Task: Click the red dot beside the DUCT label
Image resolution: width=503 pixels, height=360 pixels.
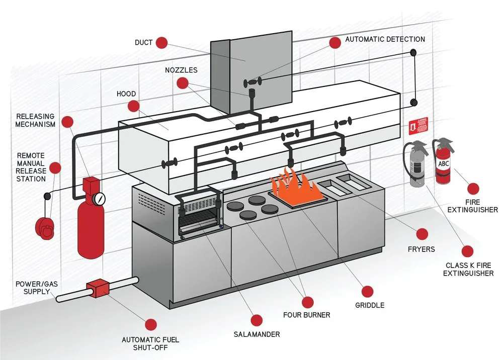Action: [161, 43]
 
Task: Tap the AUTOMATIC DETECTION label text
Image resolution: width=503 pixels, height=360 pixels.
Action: [385, 39]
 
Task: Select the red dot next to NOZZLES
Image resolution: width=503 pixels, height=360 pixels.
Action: [182, 83]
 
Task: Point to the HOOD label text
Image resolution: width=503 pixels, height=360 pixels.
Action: [126, 94]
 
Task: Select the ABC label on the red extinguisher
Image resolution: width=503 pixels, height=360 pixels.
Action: [443, 163]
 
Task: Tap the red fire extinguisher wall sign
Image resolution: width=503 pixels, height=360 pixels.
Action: [418, 126]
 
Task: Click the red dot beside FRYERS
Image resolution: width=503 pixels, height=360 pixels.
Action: [422, 234]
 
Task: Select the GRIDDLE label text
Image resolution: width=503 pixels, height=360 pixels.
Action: [370, 305]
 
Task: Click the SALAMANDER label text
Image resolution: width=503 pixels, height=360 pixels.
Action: [257, 334]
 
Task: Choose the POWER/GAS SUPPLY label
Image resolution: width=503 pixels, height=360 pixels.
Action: [37, 288]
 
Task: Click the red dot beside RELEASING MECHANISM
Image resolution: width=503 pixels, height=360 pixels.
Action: [68, 121]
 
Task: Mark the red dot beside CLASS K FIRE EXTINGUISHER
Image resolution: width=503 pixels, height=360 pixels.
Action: [468, 251]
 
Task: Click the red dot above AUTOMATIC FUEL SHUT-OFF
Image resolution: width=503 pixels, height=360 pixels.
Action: [150, 324]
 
